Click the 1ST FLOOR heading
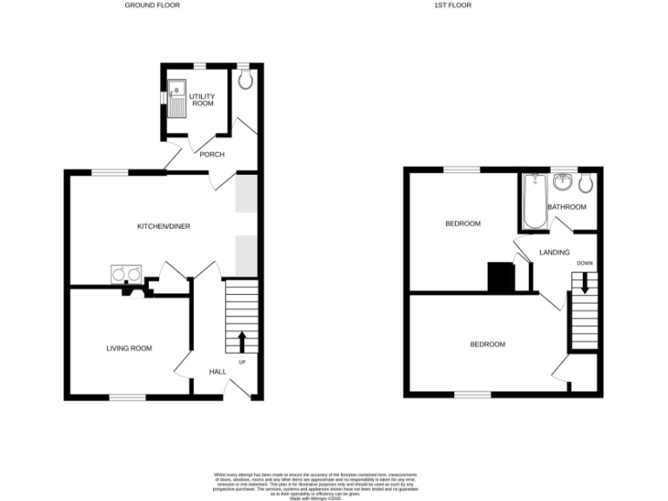point(452,5)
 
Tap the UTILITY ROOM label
point(202,99)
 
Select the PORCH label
point(212,155)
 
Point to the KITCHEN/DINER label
point(164,226)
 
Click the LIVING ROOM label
point(129,349)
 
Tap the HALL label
point(217,371)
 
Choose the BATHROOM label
point(566,207)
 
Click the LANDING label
point(554,252)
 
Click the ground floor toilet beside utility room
point(245,80)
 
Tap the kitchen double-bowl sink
point(127,274)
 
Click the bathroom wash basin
point(564,182)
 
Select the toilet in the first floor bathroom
point(585,182)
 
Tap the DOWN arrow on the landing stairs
point(584,283)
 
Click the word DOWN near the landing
point(584,263)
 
